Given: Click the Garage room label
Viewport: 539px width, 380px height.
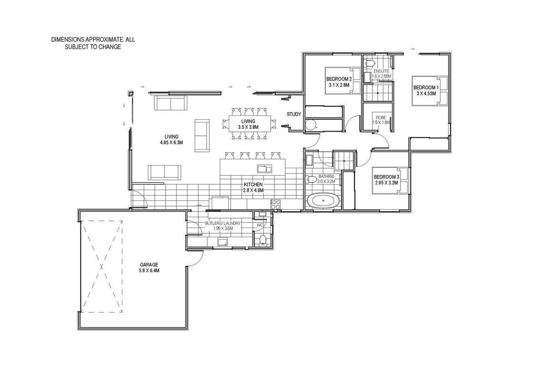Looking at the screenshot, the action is pyautogui.click(x=149, y=265).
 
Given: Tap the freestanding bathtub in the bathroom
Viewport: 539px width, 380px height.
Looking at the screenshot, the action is pyautogui.click(x=323, y=201).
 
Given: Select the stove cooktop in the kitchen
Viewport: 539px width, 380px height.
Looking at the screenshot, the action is pyautogui.click(x=276, y=204).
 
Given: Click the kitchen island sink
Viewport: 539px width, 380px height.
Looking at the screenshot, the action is pyautogui.click(x=265, y=168).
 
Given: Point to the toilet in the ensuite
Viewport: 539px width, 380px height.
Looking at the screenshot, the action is pyautogui.click(x=370, y=63).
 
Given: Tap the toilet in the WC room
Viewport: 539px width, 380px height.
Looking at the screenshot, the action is pyautogui.click(x=263, y=240).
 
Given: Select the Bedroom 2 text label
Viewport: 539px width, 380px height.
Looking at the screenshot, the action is pyautogui.click(x=339, y=78).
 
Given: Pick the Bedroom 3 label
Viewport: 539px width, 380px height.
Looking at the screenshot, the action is pyautogui.click(x=387, y=177).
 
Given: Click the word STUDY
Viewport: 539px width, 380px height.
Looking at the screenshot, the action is pyautogui.click(x=294, y=114).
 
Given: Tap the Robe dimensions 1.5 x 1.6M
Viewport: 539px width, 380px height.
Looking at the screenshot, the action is pyautogui.click(x=381, y=123).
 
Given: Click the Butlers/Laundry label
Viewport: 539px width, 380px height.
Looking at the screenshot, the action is pyautogui.click(x=223, y=223).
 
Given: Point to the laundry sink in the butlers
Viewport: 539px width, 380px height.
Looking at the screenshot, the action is pyautogui.click(x=223, y=242).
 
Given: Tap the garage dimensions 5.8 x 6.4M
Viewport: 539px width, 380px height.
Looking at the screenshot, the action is pyautogui.click(x=149, y=270).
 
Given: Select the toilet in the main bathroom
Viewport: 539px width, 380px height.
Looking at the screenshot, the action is pyautogui.click(x=312, y=180).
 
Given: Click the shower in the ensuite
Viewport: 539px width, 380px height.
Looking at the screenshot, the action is pyautogui.click(x=377, y=92).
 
